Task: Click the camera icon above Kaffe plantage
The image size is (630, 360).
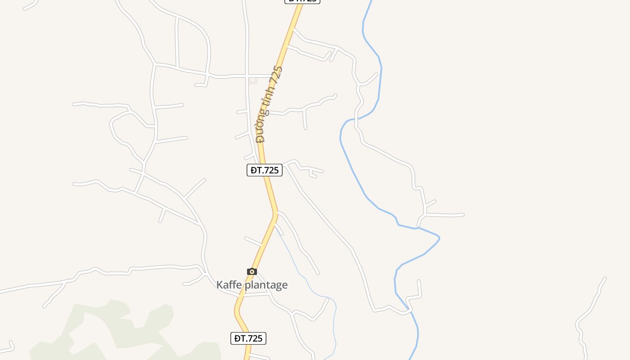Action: click(252, 271)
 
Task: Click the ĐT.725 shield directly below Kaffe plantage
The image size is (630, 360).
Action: click(248, 338)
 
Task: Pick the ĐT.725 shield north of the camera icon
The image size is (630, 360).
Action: click(265, 170)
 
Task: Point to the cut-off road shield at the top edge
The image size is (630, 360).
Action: click(302, 1)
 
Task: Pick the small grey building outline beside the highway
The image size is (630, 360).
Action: click(253, 81)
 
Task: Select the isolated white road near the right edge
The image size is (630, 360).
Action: click(589, 310)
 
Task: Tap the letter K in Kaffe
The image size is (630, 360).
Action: click(220, 285)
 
